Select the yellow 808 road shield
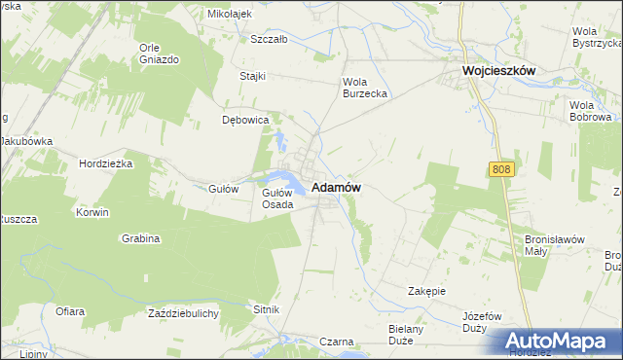coord(500,169)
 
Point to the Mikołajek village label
coord(230,15)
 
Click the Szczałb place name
coord(269,40)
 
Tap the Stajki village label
coord(253,76)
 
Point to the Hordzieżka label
coord(105,163)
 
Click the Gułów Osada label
coord(277,198)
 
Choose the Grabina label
coord(140,238)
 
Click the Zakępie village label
coord(426,291)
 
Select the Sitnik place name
coord(266,309)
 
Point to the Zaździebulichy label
coord(183,313)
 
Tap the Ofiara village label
coord(69,312)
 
